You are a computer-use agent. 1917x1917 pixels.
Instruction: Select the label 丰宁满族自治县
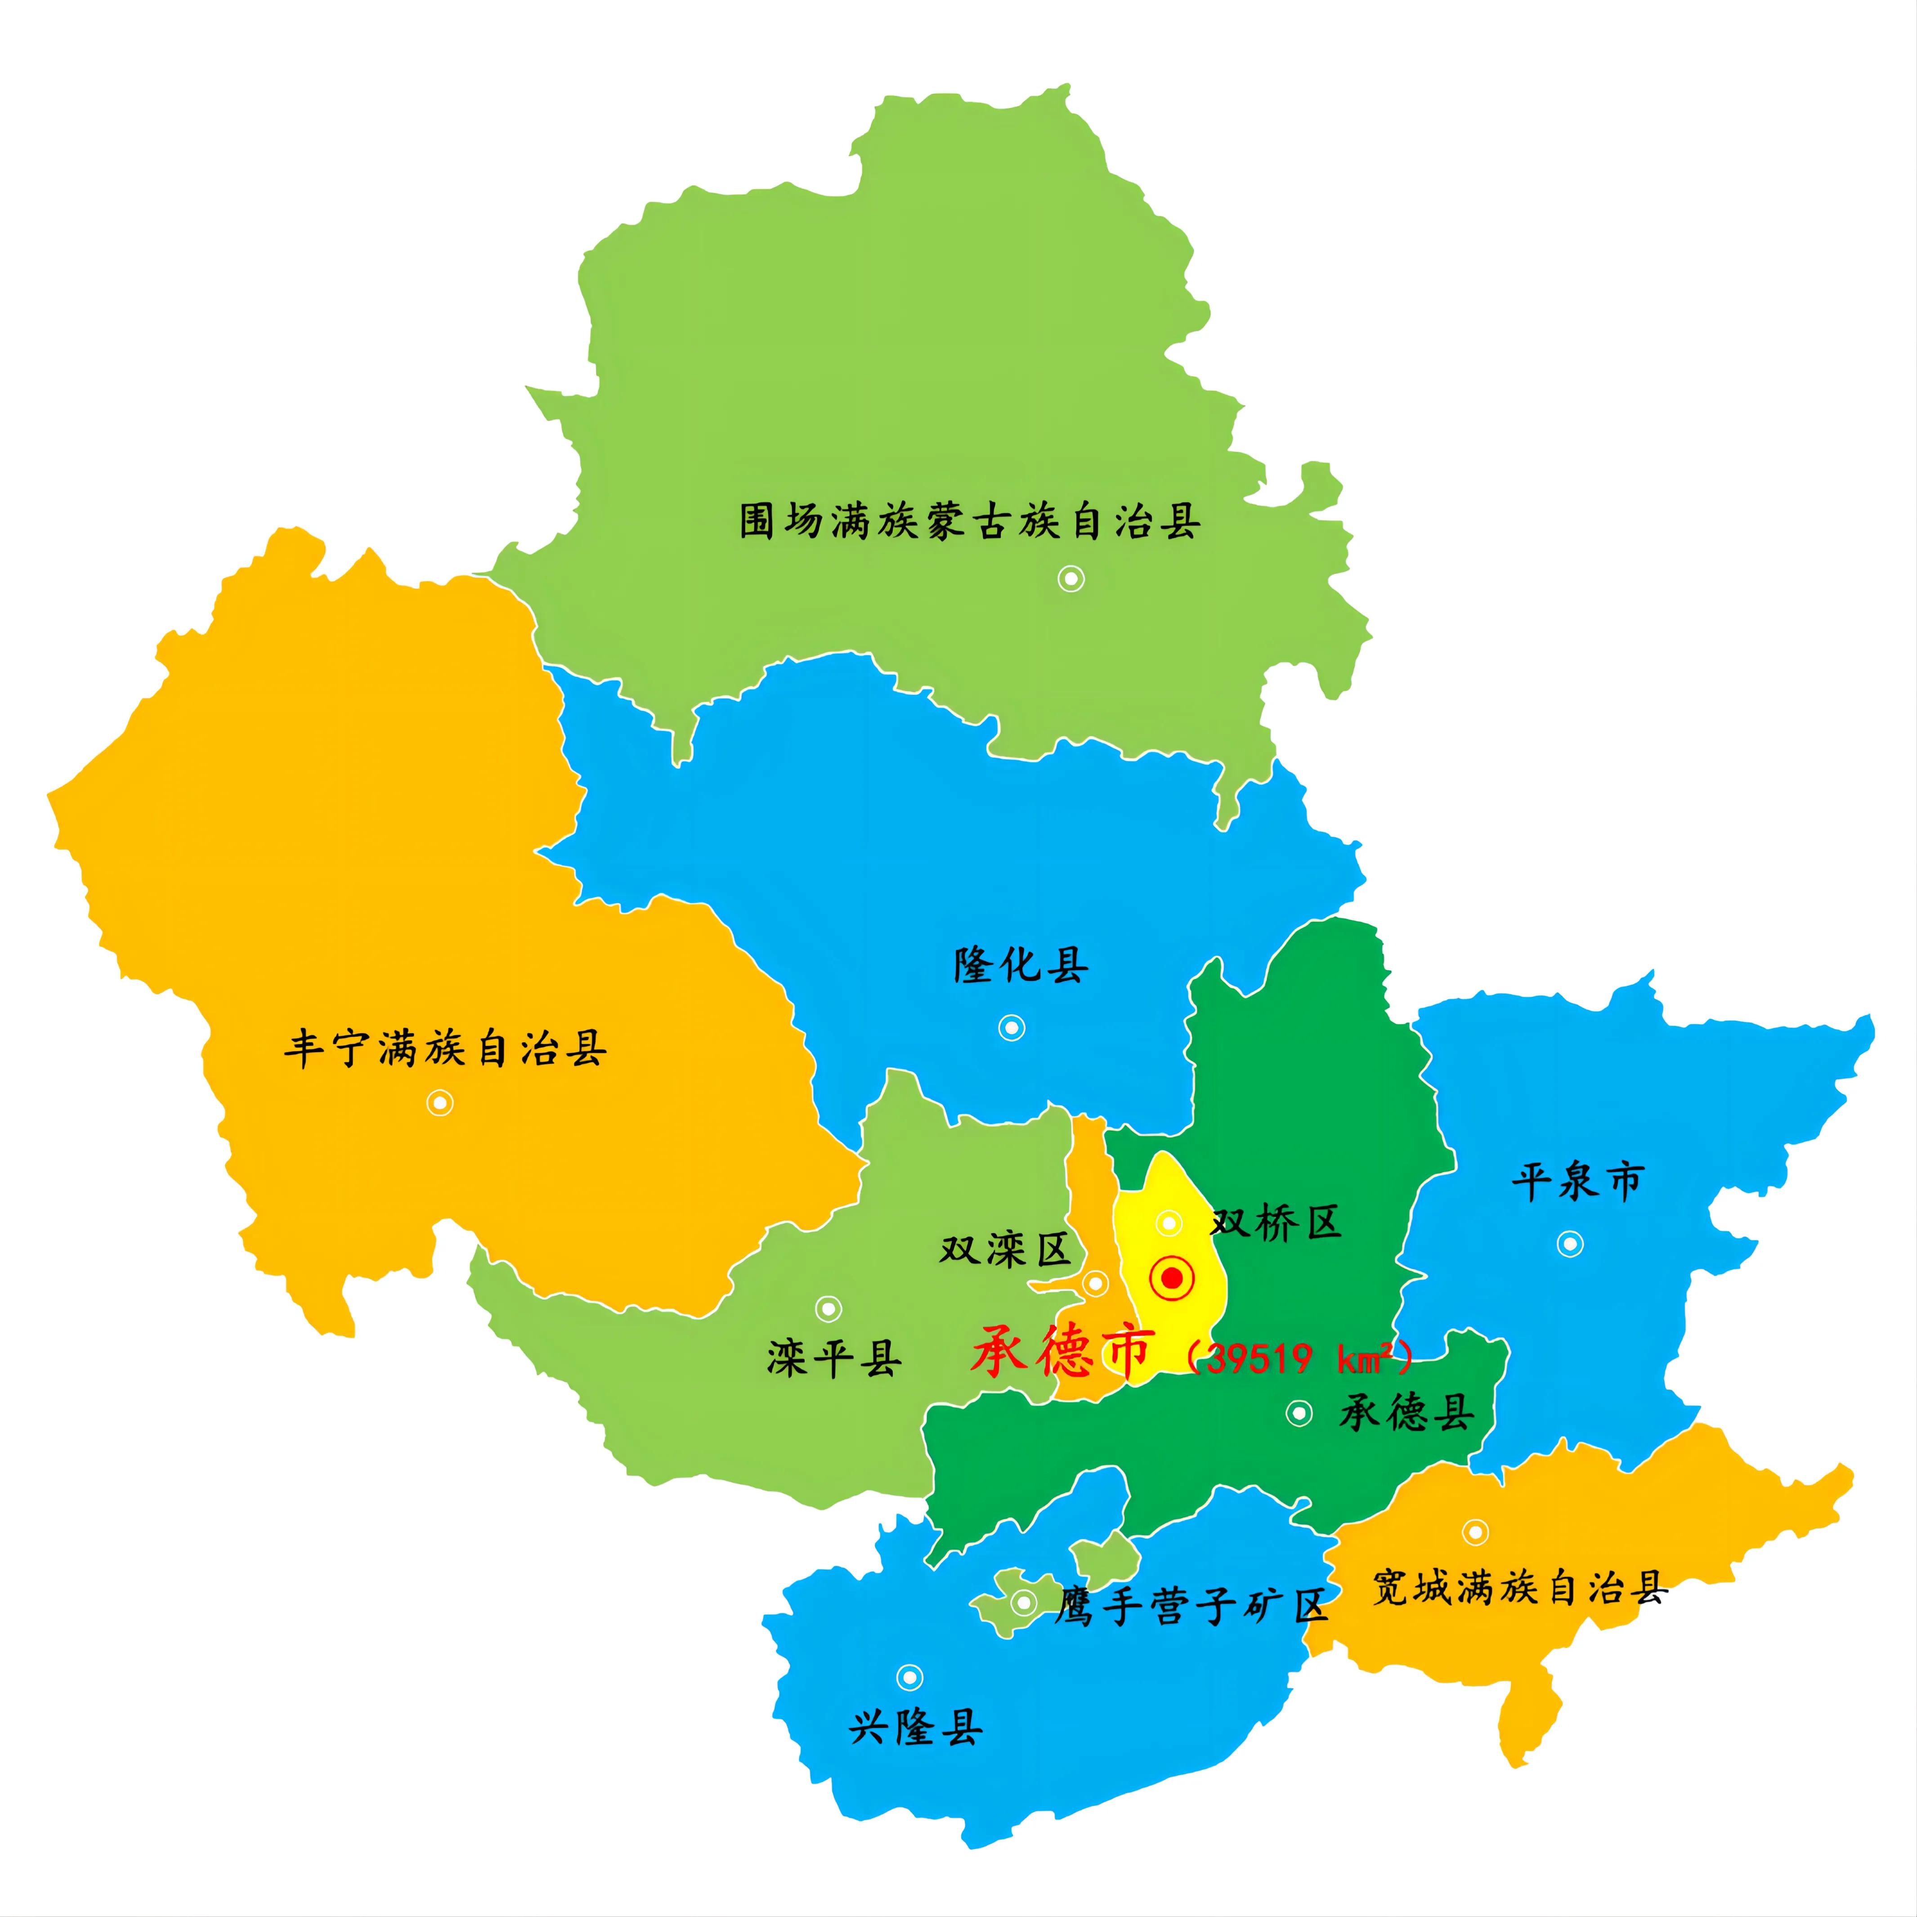445,1049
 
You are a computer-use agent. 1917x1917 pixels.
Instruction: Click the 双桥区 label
1276,1223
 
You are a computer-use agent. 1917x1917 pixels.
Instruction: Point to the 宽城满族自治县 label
1519,1588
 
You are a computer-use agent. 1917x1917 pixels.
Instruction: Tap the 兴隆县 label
915,1728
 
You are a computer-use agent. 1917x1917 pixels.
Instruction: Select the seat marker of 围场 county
1070,578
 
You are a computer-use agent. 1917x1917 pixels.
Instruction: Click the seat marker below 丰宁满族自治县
439,1102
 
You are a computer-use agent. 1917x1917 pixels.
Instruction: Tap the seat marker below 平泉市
1570,1243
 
